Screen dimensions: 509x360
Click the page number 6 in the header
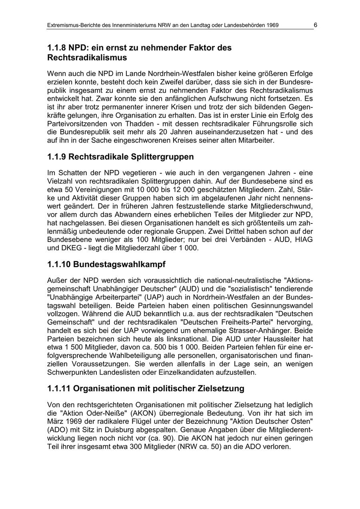[x=315, y=25]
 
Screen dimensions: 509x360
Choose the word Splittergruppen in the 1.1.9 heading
[x=162, y=157]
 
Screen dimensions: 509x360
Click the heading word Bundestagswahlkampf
[x=119, y=265]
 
